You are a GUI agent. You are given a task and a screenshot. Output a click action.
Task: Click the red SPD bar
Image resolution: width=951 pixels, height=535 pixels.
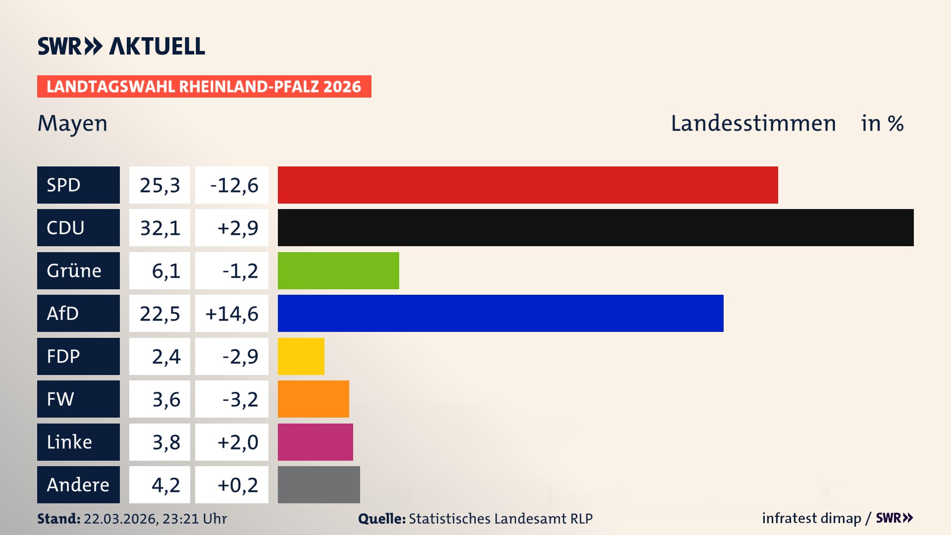528,185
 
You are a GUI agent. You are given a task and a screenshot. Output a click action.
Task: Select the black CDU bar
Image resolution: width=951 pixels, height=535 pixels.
595,227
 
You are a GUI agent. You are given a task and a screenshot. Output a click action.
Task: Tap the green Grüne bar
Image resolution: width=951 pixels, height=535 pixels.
338,270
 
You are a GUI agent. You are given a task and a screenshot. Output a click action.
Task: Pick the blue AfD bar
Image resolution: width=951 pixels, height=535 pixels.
500,313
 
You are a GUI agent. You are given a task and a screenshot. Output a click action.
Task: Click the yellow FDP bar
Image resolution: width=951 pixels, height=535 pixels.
301,356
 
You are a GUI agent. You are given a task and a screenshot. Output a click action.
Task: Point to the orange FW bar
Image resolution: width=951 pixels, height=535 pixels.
313,399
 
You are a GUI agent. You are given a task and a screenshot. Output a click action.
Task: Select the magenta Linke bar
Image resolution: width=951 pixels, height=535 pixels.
315,442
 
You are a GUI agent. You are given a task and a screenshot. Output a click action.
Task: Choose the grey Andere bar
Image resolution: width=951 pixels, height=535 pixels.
318,484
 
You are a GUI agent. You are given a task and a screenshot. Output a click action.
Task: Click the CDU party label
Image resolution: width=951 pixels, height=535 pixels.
78,227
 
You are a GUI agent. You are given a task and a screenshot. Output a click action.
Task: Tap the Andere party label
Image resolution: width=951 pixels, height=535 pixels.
78,484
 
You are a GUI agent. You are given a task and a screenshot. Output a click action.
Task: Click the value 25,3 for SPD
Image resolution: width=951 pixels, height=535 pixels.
159,185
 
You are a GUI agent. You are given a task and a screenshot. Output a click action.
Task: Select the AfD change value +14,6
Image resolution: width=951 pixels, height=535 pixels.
232,313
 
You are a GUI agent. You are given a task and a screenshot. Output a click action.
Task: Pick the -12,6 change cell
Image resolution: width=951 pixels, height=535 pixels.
232,185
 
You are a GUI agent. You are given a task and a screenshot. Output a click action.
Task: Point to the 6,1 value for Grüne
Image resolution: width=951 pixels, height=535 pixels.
159,270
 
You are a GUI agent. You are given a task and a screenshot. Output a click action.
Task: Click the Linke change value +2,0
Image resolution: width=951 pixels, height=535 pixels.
232,442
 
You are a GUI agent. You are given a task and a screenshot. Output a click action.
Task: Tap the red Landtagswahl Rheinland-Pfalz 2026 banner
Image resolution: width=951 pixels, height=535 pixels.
204,86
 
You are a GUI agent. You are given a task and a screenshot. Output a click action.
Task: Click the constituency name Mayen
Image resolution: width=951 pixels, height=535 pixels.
72,123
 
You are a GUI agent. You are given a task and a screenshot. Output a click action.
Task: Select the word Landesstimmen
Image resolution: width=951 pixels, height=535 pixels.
753,123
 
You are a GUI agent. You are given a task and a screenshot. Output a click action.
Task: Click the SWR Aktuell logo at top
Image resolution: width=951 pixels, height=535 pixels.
121,46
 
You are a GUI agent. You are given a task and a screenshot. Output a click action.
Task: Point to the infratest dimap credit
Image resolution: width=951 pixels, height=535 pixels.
811,518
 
